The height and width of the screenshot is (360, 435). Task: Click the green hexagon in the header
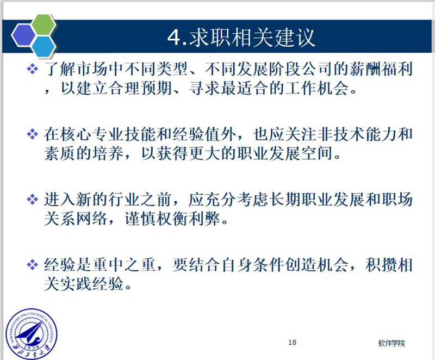pos(43,24)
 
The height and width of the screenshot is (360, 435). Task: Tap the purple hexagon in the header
pos(23,35)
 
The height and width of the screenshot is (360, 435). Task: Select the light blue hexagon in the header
pos(43,47)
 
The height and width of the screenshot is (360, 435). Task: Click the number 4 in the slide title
pos(174,38)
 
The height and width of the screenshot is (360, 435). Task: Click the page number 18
pos(292,342)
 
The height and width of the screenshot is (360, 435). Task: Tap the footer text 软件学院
pos(391,343)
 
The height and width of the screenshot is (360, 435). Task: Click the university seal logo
pos(32,334)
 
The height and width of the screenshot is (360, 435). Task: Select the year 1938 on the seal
pos(32,348)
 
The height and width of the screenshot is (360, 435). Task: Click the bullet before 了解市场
pos(33,69)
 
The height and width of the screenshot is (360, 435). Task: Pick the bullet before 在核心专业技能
pos(33,134)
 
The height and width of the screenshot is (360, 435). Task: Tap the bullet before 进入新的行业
pos(33,200)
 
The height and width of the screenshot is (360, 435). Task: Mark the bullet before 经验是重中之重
pos(33,265)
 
